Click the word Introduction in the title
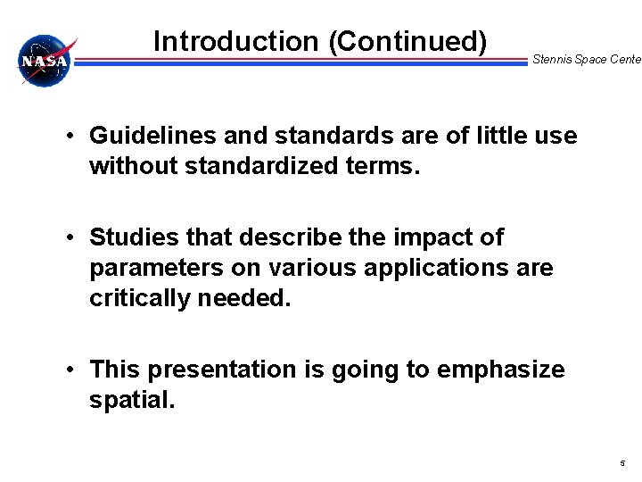click(235, 41)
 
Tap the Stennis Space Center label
click(586, 60)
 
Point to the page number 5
click(622, 463)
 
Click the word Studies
click(131, 237)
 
